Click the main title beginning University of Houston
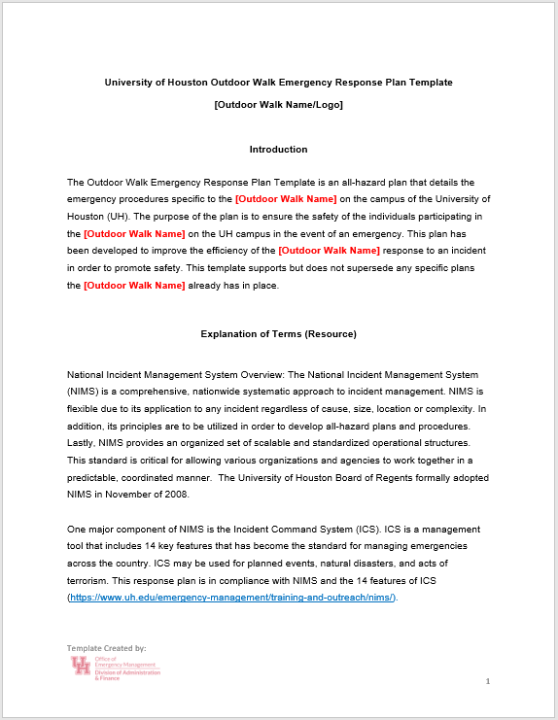point(278,83)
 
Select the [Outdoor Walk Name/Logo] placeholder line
point(278,105)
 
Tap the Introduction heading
point(278,150)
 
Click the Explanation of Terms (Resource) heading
point(278,334)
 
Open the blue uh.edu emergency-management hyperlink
point(232,597)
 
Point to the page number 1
point(488,681)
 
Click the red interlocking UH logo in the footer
point(80,666)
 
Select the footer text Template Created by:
point(106,647)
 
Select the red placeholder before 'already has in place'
point(134,286)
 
